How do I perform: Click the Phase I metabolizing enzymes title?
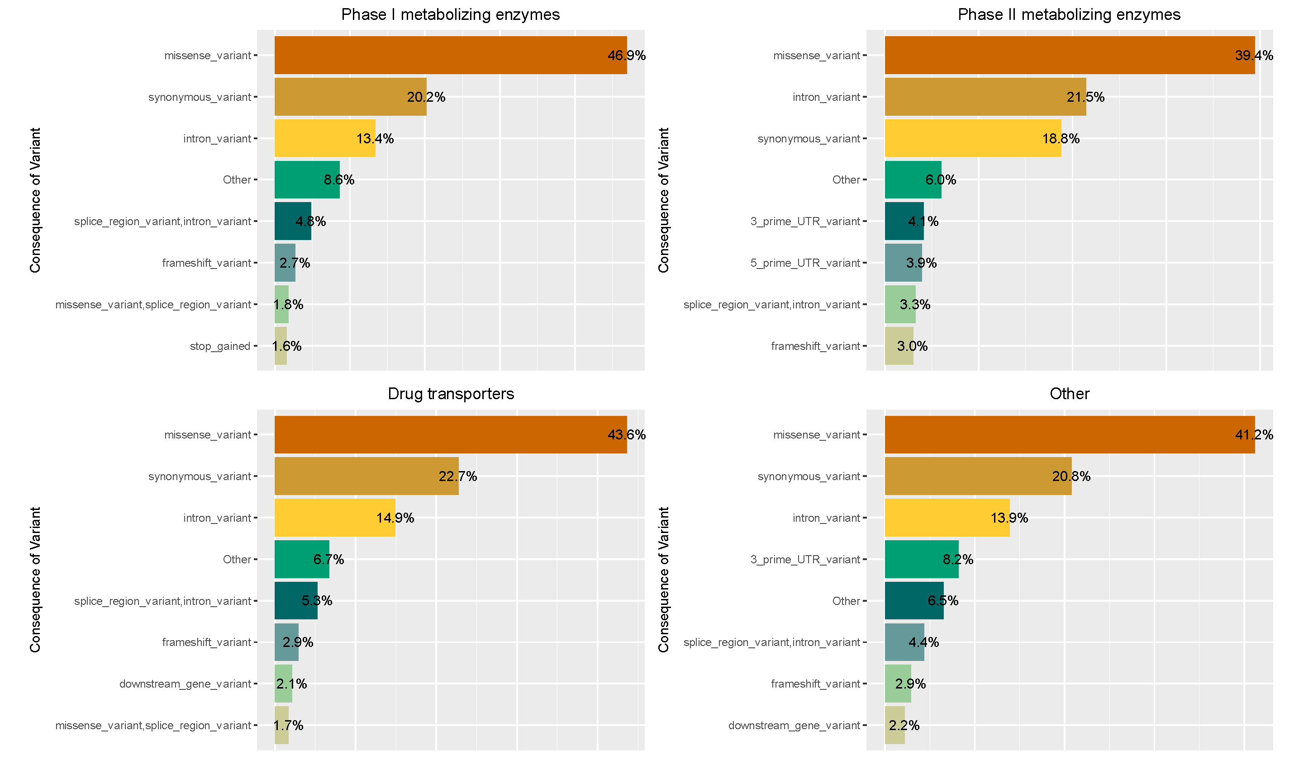[450, 14]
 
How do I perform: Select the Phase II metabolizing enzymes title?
[1069, 14]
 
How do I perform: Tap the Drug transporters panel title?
[450, 394]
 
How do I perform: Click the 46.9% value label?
[626, 56]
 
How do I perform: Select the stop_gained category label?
[220, 346]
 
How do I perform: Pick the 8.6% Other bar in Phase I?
[306, 179]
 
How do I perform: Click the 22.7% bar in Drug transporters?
[366, 476]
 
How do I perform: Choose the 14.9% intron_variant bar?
[335, 518]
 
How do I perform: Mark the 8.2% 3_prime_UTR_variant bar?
[921, 560]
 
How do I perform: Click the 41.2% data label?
[1253, 435]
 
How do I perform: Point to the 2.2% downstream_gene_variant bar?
[894, 726]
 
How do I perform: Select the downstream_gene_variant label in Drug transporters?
[185, 684]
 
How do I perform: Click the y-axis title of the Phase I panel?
[35, 200]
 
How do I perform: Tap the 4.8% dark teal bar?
[292, 222]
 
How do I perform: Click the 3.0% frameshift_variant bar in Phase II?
[899, 346]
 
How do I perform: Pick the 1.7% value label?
[288, 726]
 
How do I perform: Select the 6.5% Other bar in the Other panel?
[913, 601]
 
